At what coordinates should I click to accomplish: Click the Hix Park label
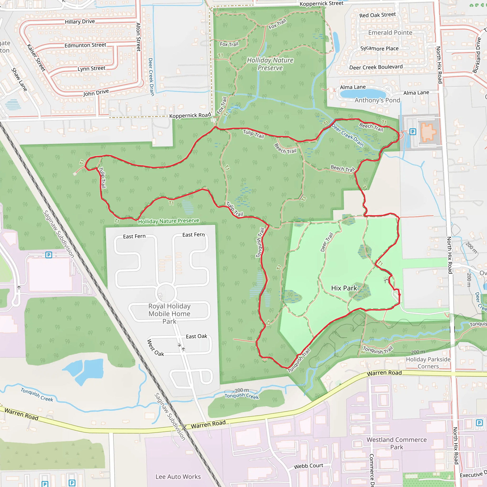click(x=344, y=288)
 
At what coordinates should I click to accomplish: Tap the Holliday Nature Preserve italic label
click(x=270, y=64)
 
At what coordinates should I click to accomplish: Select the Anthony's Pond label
click(x=377, y=100)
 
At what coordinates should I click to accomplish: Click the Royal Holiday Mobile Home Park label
click(x=169, y=314)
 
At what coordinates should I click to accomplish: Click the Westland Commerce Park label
click(x=396, y=443)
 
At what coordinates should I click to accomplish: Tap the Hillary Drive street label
click(x=80, y=22)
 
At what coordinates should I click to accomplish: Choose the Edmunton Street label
click(x=85, y=45)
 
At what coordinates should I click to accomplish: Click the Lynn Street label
click(x=91, y=68)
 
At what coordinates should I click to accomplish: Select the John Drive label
click(x=96, y=93)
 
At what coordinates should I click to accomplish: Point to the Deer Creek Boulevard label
click(x=376, y=67)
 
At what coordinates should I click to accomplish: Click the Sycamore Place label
click(x=379, y=49)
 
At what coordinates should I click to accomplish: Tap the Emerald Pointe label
click(x=390, y=33)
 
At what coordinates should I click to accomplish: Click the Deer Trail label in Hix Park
click(x=327, y=242)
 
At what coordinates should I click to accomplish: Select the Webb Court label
click(x=308, y=466)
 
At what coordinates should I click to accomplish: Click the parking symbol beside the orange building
click(x=413, y=131)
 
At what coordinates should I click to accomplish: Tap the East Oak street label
click(x=196, y=336)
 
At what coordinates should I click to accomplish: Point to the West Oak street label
click(x=155, y=348)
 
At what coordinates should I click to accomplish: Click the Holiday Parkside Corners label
click(x=428, y=363)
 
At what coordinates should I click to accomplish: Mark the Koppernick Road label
click(x=190, y=115)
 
